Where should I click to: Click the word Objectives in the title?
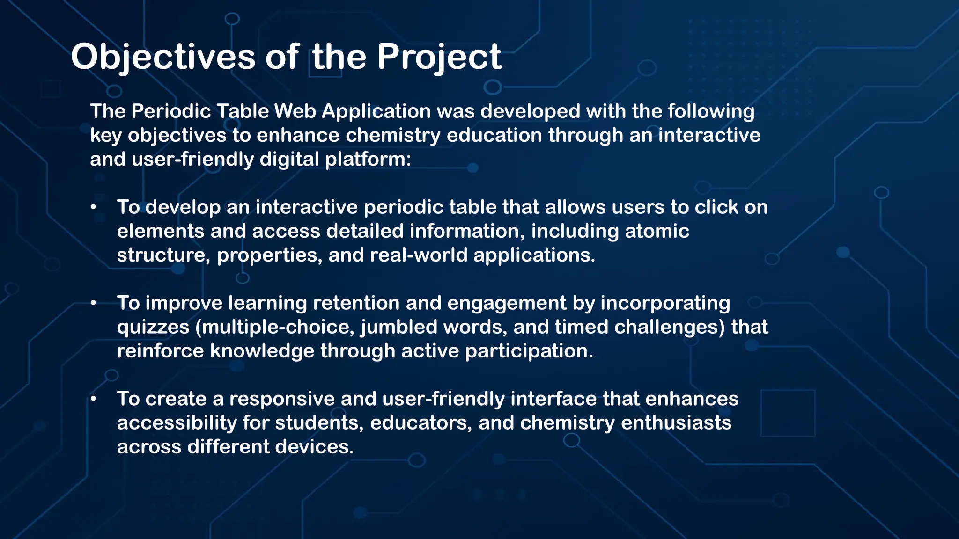(x=163, y=57)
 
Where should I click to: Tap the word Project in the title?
(x=439, y=57)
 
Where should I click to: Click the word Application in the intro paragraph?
(x=376, y=111)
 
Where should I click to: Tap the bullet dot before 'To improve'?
(x=94, y=303)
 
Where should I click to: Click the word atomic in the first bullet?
(x=657, y=231)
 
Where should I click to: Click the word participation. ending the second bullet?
(x=529, y=351)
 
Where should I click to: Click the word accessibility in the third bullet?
(x=177, y=422)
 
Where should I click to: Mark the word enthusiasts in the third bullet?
(x=676, y=422)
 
